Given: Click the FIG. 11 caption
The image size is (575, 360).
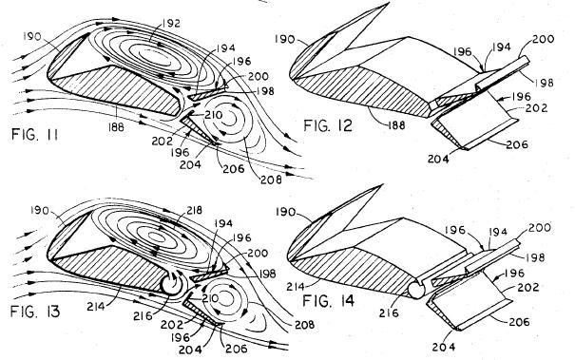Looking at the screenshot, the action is (x=35, y=134).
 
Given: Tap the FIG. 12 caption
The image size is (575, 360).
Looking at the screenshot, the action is (x=328, y=125).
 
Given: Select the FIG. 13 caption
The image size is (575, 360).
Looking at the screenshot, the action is (x=35, y=312).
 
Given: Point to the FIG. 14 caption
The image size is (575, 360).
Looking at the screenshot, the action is (x=328, y=300).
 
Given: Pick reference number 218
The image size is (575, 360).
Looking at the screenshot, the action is (x=194, y=211).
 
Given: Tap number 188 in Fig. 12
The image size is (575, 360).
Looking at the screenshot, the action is (x=396, y=125).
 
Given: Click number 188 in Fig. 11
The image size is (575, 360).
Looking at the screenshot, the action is (x=116, y=127).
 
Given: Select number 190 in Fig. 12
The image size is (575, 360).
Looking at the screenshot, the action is (x=284, y=39).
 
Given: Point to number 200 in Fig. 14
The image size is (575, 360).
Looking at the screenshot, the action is (x=539, y=228).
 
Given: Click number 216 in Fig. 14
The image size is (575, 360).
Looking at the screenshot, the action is (x=389, y=313).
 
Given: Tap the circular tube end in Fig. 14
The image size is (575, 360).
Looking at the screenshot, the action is (x=416, y=290).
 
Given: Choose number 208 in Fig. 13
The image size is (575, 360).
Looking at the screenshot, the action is (x=304, y=325).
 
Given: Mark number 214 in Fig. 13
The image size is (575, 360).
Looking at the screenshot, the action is (x=96, y=306).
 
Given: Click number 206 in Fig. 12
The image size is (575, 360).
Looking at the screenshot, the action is (x=517, y=144).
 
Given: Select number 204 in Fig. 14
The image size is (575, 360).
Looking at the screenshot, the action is (x=444, y=347).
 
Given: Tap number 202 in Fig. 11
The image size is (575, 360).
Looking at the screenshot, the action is (x=163, y=142).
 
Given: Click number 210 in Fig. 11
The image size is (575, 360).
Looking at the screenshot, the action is (x=214, y=115).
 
